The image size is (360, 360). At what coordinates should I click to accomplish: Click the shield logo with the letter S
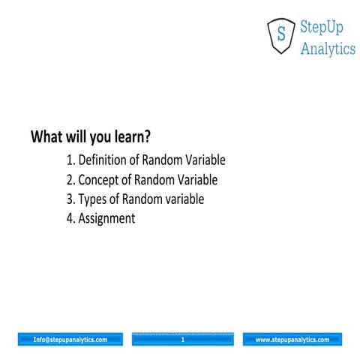click(280, 35)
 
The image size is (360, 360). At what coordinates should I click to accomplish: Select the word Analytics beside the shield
click(328, 49)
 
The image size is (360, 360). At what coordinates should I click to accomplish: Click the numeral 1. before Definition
click(71, 160)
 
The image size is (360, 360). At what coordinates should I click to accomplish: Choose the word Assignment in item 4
click(106, 219)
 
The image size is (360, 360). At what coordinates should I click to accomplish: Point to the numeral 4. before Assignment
click(71, 219)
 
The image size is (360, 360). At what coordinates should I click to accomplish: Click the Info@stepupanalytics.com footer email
click(70, 340)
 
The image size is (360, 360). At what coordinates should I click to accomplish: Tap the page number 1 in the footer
click(182, 340)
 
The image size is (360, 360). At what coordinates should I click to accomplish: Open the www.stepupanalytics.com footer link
click(292, 340)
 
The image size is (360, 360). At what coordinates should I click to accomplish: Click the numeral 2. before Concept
click(71, 180)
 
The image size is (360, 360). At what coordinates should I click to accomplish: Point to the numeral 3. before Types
click(71, 199)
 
